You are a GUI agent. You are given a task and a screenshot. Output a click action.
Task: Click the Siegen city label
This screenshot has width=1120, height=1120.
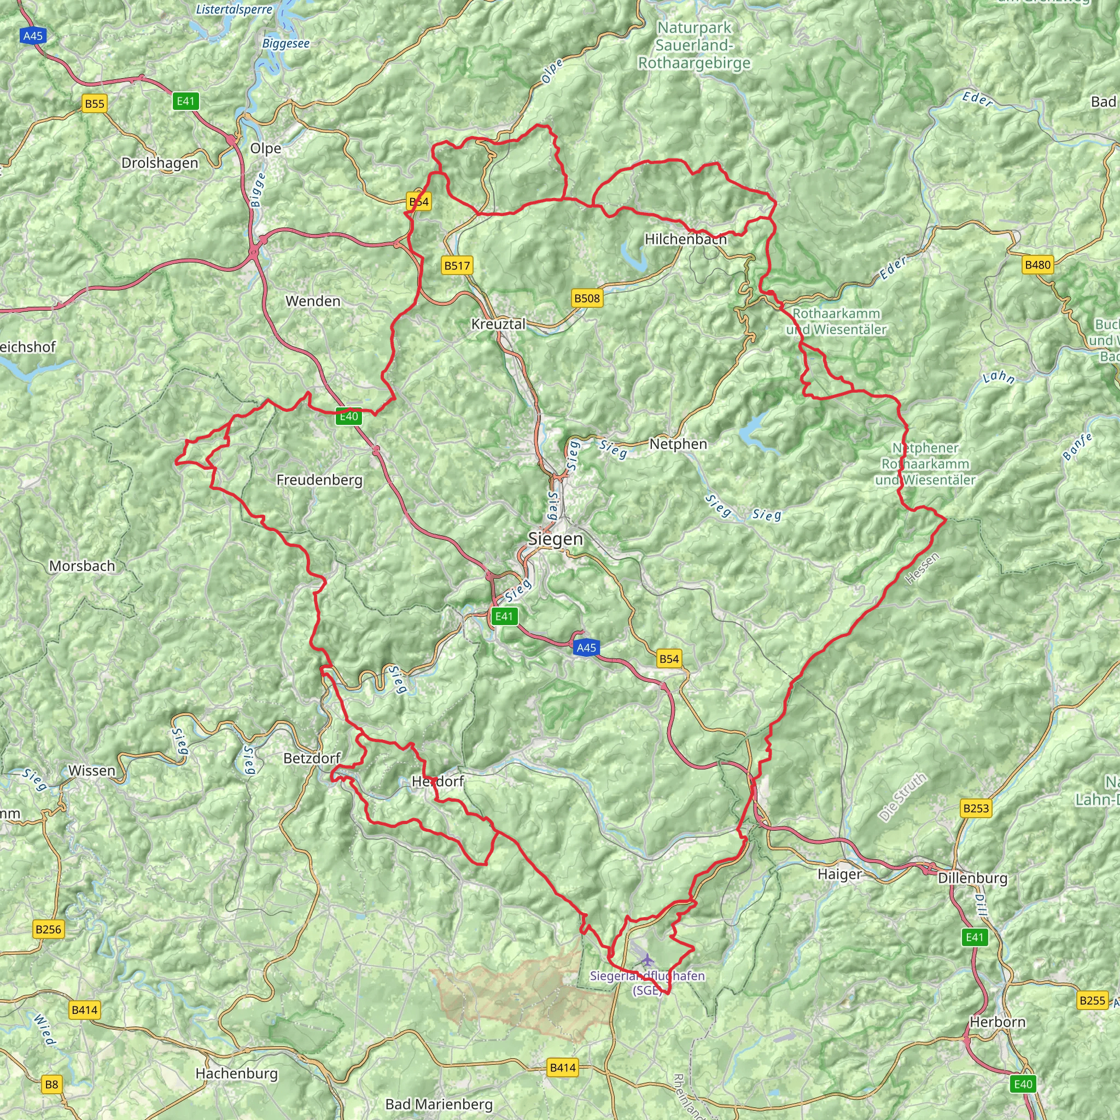(x=556, y=539)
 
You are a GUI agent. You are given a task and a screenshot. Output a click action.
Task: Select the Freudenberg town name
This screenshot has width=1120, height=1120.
(x=319, y=480)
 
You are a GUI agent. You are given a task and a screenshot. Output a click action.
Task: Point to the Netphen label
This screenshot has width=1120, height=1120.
(x=678, y=444)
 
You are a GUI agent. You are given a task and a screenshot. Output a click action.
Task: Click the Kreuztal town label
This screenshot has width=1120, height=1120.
(x=498, y=324)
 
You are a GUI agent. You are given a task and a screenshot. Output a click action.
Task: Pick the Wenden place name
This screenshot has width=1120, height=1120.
(x=313, y=301)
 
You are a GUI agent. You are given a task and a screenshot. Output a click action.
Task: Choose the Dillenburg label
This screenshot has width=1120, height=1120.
(x=973, y=878)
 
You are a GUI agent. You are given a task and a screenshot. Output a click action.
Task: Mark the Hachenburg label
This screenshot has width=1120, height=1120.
(x=236, y=1073)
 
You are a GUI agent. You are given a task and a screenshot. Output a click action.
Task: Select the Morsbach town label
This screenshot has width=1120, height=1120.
(x=83, y=566)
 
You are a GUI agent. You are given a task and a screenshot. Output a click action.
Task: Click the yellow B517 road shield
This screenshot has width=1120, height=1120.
(x=457, y=265)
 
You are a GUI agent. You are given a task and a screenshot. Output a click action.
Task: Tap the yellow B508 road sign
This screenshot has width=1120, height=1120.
(x=587, y=298)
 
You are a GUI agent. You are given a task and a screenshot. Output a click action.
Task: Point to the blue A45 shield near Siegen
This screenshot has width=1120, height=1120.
(x=586, y=647)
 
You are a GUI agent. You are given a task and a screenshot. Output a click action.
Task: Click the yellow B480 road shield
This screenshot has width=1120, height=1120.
(x=1037, y=265)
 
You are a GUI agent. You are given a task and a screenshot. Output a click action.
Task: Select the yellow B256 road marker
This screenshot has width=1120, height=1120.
(x=48, y=929)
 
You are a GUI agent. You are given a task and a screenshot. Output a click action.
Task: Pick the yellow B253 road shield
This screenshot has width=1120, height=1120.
(x=976, y=808)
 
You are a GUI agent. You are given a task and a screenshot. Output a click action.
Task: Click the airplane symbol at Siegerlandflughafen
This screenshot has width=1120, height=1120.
(x=647, y=960)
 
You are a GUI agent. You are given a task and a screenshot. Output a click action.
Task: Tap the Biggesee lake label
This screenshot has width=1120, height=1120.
(x=286, y=44)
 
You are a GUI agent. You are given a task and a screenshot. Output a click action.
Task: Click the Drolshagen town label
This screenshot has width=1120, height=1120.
(x=160, y=163)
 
